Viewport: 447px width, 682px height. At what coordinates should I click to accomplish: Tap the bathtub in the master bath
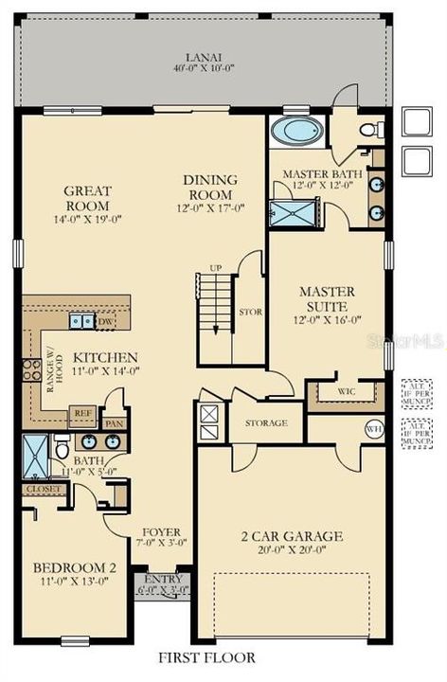pyautogui.click(x=296, y=130)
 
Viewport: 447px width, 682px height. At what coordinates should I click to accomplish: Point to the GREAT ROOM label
pyautogui.click(x=87, y=198)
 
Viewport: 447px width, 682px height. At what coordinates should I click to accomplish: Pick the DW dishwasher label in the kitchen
pyautogui.click(x=106, y=322)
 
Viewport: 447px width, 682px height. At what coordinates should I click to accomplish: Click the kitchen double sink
pyautogui.click(x=82, y=322)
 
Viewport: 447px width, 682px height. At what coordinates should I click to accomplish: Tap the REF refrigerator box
pyautogui.click(x=81, y=413)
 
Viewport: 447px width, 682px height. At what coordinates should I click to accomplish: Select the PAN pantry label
pyautogui.click(x=116, y=423)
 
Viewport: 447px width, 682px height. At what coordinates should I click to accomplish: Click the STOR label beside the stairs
pyautogui.click(x=251, y=310)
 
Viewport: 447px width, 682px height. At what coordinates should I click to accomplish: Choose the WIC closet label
pyautogui.click(x=346, y=390)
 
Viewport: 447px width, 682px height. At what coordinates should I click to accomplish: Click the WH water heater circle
pyautogui.click(x=372, y=427)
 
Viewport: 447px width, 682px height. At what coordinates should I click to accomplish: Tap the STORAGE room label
pyautogui.click(x=266, y=422)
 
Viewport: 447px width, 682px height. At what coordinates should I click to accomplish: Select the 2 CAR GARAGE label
pyautogui.click(x=291, y=537)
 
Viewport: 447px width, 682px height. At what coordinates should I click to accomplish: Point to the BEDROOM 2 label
pyautogui.click(x=75, y=567)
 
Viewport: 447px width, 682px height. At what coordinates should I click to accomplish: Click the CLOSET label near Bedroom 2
pyautogui.click(x=42, y=489)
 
